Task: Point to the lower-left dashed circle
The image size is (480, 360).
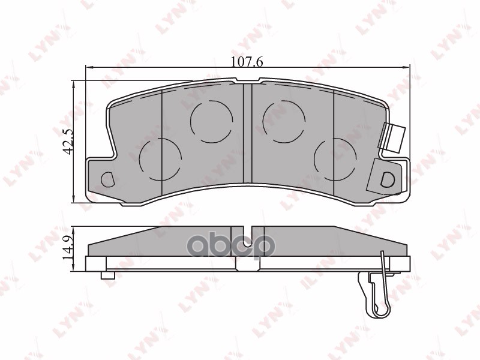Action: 160,158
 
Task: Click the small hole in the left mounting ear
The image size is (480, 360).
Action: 109,179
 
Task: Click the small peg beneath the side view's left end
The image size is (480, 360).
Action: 108,275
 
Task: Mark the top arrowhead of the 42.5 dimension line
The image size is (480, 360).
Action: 74,83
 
